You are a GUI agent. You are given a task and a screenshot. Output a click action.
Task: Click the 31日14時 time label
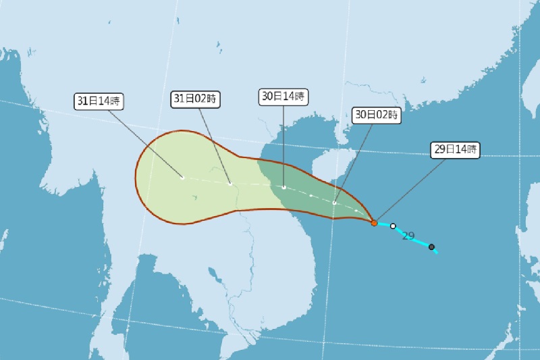click(99, 102)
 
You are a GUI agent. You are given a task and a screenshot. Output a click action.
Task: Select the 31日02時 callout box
click(195, 99)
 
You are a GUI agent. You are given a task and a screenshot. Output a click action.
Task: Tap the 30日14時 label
click(283, 97)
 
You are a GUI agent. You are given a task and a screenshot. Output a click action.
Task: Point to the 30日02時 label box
click(377, 115)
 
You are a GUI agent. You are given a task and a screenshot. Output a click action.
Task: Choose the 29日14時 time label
click(455, 150)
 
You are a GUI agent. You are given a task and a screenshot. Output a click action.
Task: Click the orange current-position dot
click(374, 222)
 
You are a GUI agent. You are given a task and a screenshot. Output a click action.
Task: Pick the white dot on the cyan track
click(393, 226)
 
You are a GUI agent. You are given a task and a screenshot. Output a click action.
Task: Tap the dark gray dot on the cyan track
click(431, 247)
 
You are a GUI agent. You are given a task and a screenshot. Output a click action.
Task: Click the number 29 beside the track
click(408, 236)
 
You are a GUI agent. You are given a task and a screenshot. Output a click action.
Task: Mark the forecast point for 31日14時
click(182, 178)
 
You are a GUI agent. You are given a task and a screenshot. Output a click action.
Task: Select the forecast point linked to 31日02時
click(230, 184)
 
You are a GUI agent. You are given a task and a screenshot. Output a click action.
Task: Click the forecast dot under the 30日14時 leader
click(284, 187)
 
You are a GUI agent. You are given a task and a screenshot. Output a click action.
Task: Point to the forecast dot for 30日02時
click(334, 203)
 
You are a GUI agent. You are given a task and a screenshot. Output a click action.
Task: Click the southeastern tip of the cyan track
click(437, 252)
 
